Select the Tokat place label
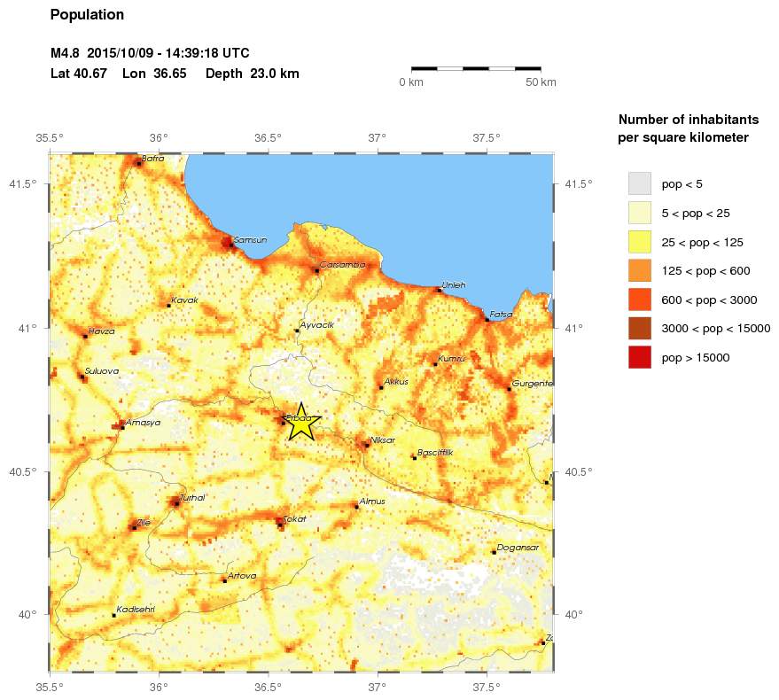pos(294,519)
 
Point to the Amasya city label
pos(143,423)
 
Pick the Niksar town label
pos(382,440)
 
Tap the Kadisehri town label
pos(136,609)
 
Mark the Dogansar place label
pos(513,548)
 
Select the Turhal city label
pos(192,498)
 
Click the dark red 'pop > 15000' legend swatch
pos(639,357)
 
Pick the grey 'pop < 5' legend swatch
pos(639,183)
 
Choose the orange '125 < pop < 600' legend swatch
pos(639,270)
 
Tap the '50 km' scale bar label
pos(541,82)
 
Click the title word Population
pos(88,15)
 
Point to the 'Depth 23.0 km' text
pos(252,74)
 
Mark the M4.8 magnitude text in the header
pos(66,53)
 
